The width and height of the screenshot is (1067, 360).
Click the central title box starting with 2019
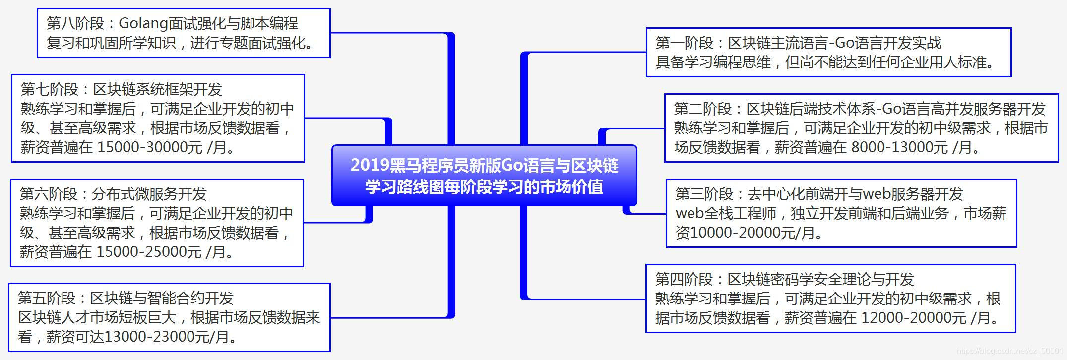tap(484, 176)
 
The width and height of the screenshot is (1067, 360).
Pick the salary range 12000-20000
tap(906, 318)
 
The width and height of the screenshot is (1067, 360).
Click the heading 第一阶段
tap(685, 43)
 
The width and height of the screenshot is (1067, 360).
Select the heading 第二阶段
tap(703, 109)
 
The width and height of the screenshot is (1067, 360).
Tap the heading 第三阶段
tap(704, 194)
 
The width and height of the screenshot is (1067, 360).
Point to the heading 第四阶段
tap(684, 279)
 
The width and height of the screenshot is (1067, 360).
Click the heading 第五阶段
tap(47, 298)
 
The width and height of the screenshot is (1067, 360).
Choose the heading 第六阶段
tap(49, 194)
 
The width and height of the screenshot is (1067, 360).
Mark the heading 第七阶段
tap(50, 89)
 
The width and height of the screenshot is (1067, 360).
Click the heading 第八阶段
tap(75, 23)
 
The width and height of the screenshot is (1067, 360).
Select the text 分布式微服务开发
tap(149, 194)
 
